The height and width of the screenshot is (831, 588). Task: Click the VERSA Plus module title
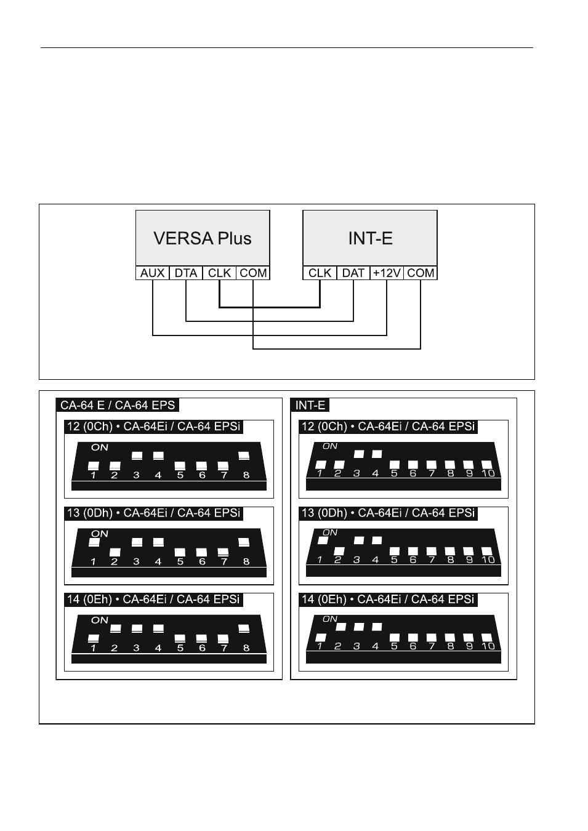click(x=203, y=238)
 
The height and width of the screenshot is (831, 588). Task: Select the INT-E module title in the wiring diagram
click(x=370, y=238)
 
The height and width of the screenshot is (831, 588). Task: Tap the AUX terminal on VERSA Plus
click(x=153, y=273)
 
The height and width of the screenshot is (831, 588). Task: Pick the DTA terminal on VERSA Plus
click(x=186, y=273)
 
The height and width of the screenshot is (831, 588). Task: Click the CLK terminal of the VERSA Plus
click(x=219, y=273)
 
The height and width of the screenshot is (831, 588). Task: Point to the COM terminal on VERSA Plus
click(x=253, y=273)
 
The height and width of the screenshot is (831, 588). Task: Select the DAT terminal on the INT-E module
click(x=353, y=273)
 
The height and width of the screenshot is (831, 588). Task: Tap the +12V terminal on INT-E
click(x=387, y=273)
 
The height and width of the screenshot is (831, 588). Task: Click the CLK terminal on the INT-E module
click(x=320, y=273)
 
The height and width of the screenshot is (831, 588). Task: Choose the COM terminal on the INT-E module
click(x=421, y=273)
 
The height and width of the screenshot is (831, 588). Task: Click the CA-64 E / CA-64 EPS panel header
click(x=118, y=405)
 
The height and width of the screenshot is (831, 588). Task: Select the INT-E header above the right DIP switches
click(x=310, y=405)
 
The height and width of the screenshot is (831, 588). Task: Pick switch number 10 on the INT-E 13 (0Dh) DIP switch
click(x=487, y=552)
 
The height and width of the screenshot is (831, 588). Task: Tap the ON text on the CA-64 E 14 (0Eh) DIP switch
click(x=100, y=620)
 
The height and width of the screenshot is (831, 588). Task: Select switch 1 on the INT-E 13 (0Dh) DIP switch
click(x=321, y=540)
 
